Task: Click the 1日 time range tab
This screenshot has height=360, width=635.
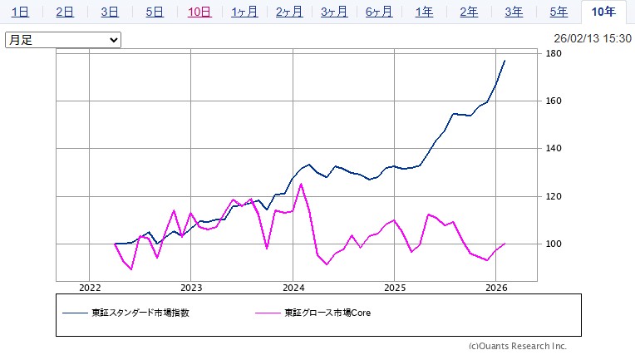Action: point(22,12)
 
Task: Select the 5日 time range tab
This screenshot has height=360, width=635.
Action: point(155,12)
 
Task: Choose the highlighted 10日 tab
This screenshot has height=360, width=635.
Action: point(199,12)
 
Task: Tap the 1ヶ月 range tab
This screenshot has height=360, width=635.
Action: point(244,12)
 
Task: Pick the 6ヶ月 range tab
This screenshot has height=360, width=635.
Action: point(378,12)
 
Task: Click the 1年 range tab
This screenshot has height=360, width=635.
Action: point(424,12)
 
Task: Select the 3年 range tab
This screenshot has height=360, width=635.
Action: point(514,12)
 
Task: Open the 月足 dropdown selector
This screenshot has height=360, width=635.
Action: point(63,40)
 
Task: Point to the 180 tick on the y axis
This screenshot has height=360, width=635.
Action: point(554,54)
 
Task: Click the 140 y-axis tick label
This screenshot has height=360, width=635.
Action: point(554,149)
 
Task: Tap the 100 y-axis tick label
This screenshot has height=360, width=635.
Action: point(554,244)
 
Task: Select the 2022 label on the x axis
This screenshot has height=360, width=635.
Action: point(90,288)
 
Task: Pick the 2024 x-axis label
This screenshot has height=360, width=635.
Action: point(293,288)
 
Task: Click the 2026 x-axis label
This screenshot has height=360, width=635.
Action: point(496,288)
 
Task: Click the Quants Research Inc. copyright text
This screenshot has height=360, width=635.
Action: point(517,346)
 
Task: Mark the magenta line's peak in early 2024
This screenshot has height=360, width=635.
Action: point(301,184)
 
